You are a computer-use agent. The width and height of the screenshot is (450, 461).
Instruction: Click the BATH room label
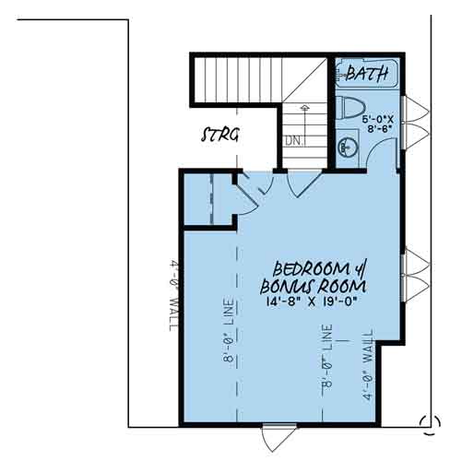click(367, 73)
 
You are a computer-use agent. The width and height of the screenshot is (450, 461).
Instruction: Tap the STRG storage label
click(220, 135)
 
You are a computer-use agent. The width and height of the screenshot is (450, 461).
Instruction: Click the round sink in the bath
click(348, 148)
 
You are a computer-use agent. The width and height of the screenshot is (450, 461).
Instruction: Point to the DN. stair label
click(294, 141)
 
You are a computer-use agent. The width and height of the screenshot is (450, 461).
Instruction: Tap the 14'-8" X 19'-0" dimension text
click(312, 301)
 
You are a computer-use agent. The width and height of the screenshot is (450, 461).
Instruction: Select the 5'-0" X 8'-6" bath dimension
click(378, 124)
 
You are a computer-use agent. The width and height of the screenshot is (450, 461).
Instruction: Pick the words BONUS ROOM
click(314, 287)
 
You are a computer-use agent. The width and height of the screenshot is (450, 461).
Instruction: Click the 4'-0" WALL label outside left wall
click(175, 296)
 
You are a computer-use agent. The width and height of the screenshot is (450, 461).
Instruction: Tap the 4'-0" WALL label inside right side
click(368, 365)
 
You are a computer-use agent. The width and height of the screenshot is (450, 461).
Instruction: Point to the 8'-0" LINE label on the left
click(229, 330)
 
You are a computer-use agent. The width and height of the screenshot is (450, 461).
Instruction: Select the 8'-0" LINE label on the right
click(327, 356)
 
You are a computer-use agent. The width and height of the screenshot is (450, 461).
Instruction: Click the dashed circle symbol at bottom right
click(430, 424)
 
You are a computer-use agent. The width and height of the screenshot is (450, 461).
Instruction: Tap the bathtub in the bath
click(367, 74)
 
